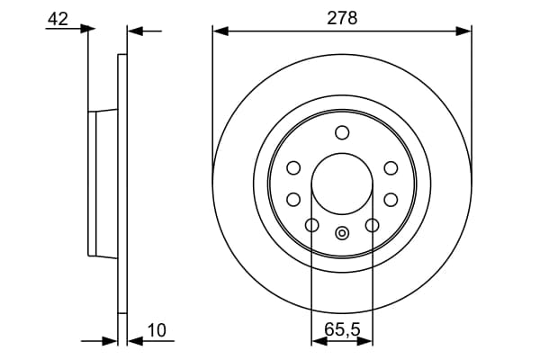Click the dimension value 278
click(342, 18)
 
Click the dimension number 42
click(58, 19)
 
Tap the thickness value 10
click(157, 330)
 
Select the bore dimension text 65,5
click(342, 329)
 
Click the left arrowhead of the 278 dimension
click(220, 31)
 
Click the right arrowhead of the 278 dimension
click(463, 31)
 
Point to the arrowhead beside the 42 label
click(87, 29)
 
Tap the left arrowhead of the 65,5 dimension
click(319, 341)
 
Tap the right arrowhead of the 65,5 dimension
click(365, 341)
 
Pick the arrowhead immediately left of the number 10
click(135, 341)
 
